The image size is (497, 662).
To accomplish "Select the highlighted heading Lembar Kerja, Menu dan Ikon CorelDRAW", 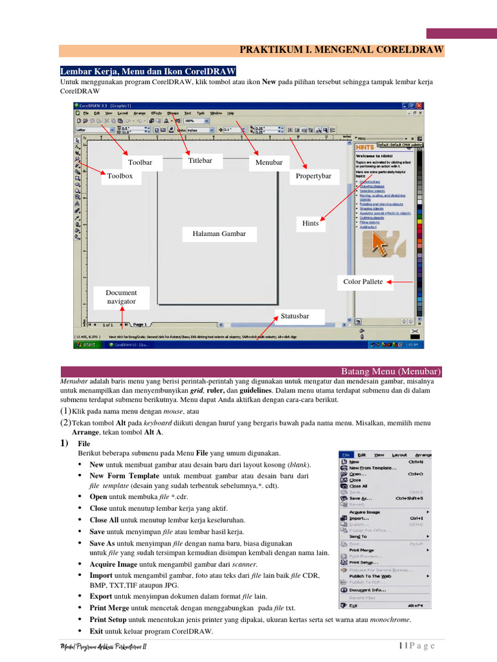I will [x=148, y=71].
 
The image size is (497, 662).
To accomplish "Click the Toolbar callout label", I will [x=140, y=162].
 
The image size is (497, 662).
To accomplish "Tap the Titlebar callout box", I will [x=199, y=160].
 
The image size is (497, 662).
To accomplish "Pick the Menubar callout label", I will [x=269, y=162].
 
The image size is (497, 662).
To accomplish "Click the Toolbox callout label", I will [x=120, y=176].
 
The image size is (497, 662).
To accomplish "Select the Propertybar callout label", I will [x=313, y=176].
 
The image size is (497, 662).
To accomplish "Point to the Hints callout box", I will [x=311, y=223].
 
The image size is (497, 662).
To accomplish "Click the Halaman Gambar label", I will [x=219, y=233].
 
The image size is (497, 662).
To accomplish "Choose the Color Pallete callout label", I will [x=363, y=282].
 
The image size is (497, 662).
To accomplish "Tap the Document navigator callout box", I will [x=122, y=297].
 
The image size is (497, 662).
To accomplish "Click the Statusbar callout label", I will [x=294, y=316].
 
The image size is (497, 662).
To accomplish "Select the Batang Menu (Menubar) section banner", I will [x=390, y=372].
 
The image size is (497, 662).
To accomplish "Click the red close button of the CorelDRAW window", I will [x=419, y=105].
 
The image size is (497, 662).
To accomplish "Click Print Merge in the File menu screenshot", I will [x=362, y=550].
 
